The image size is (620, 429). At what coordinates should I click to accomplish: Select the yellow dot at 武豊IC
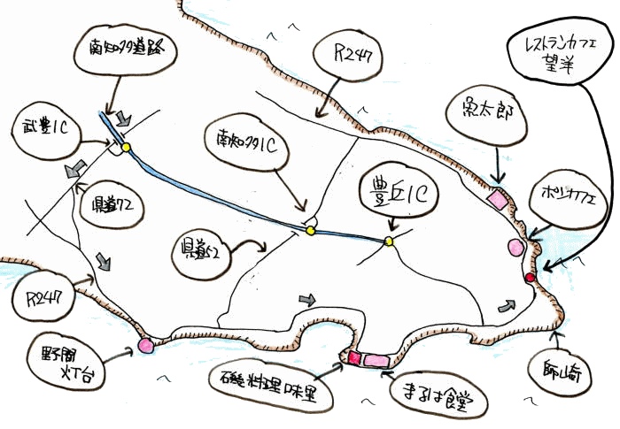pyautogui.click(x=126, y=147)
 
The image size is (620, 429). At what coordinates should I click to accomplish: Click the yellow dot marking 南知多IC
pyautogui.click(x=311, y=231)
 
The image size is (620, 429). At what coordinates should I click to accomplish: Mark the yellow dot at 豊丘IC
pyautogui.click(x=389, y=241)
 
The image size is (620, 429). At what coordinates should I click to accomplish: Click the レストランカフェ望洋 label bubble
pyautogui.click(x=562, y=52)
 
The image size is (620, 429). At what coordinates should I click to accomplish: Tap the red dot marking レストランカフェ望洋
pyautogui.click(x=530, y=278)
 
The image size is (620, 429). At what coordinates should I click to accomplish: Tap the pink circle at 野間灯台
pyautogui.click(x=145, y=346)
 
